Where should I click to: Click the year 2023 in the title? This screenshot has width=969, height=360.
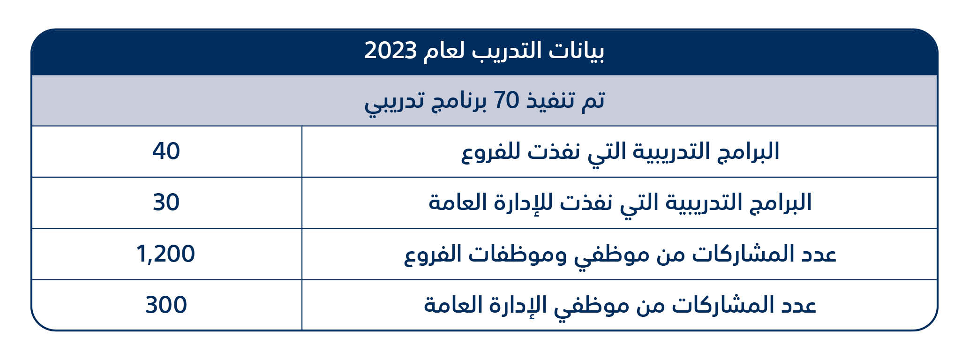(391, 51)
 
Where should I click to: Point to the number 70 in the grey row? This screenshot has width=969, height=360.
(507, 100)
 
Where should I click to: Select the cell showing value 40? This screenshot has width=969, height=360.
(166, 151)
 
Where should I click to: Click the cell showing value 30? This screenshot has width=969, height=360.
(166, 202)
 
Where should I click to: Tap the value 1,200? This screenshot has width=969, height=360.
(165, 254)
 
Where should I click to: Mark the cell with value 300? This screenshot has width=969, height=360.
(166, 305)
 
